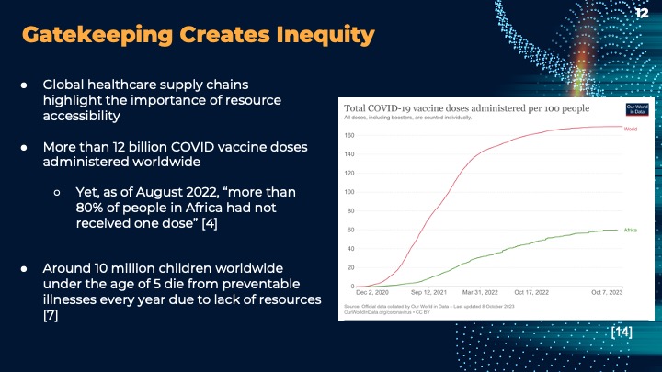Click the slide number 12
point(642,13)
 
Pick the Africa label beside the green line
point(630,230)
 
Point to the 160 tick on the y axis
point(350,135)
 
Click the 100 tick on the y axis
point(350,192)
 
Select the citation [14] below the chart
point(622,332)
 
